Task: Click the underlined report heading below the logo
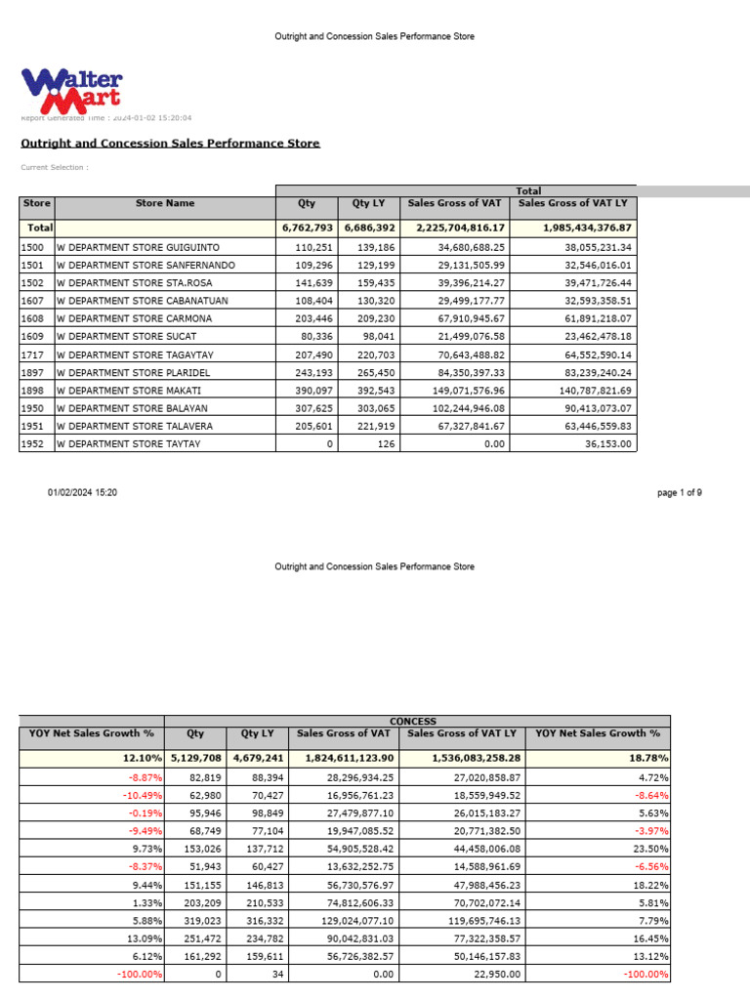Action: click(170, 144)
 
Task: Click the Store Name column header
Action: click(165, 204)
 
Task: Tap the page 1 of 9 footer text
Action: click(680, 493)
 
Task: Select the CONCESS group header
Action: click(413, 720)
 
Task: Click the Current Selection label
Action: click(55, 167)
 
